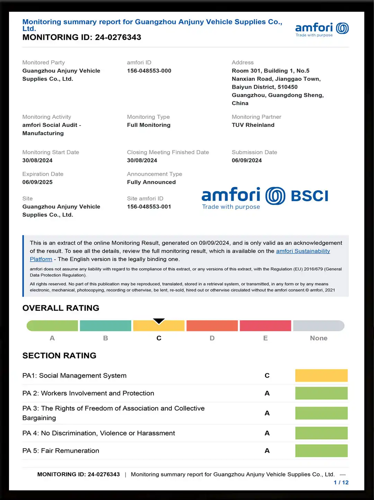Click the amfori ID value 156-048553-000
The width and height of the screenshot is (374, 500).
point(149,71)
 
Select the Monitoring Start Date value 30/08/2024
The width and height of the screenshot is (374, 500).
point(37,160)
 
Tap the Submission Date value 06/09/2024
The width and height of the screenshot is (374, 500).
point(247,160)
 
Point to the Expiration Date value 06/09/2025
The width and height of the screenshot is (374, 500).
point(37,182)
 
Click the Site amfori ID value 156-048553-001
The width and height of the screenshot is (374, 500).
point(149,207)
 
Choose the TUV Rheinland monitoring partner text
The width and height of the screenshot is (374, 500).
point(253,125)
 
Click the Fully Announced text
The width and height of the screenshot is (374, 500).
point(151,182)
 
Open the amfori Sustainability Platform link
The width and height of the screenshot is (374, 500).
point(303,251)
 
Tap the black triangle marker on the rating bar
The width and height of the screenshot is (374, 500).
point(159,321)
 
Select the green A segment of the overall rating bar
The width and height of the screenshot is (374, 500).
point(52,326)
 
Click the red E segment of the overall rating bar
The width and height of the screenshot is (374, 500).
point(265,326)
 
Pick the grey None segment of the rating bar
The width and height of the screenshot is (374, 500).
point(319,326)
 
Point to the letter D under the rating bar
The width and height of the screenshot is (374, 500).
point(212,338)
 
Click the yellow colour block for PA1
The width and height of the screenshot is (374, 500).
point(321,376)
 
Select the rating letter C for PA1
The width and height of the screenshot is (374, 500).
point(267,376)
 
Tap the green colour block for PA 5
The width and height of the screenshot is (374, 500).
point(321,451)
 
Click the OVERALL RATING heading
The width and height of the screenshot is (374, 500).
point(61,308)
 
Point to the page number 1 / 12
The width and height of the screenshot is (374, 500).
point(341,483)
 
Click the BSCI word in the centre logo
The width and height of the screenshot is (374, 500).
point(309,196)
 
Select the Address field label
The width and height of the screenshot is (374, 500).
point(242,63)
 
